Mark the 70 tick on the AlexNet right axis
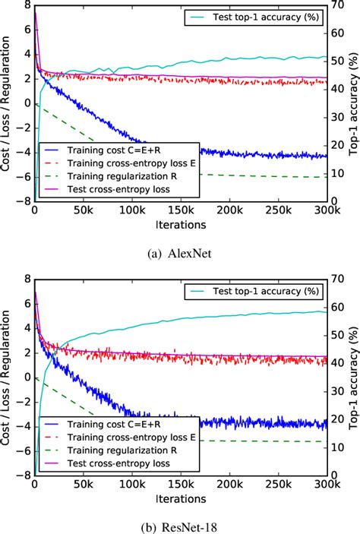point(339,5)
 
